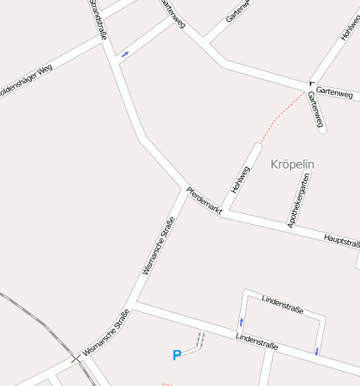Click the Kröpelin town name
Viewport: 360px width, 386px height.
coord(293,164)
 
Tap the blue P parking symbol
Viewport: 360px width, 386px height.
coord(176,355)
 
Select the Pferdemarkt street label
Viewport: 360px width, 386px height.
coord(203,199)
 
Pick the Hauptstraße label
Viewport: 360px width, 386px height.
coord(342,241)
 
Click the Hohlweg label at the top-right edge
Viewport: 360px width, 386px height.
coord(349,29)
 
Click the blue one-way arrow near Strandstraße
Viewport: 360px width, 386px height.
coord(125,55)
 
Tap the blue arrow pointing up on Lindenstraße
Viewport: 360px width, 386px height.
coord(242,321)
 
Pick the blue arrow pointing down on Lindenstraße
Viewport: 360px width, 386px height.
coord(316,351)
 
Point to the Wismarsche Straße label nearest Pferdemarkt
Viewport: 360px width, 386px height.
coord(159,245)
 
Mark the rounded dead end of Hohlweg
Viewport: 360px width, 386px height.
coord(257,147)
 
